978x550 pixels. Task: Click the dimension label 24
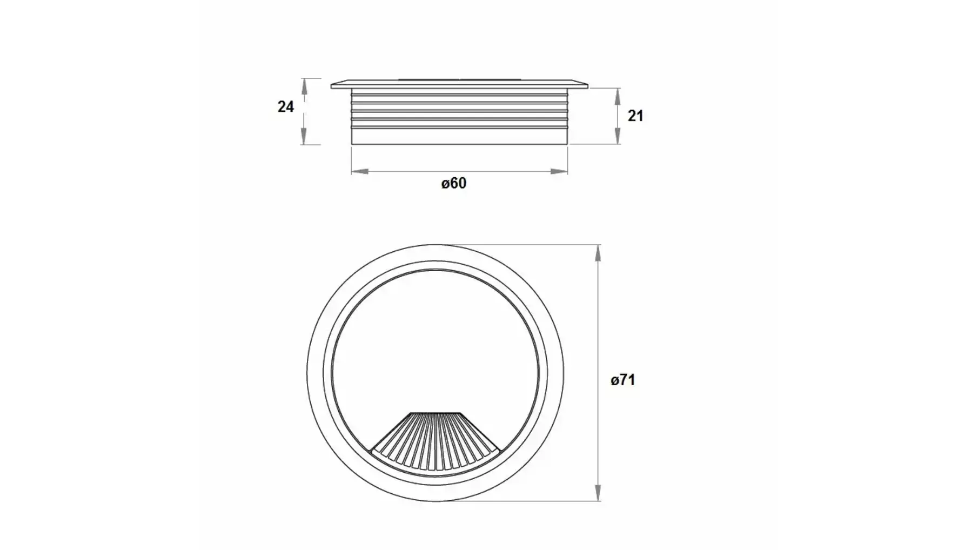tap(285, 107)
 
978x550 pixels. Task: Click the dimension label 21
tap(635, 116)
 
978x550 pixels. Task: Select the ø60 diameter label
tap(453, 183)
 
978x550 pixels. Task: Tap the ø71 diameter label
tap(623, 380)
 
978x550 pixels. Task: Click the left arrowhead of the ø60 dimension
tap(360, 171)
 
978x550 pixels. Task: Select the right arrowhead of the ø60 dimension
tap(559, 171)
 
